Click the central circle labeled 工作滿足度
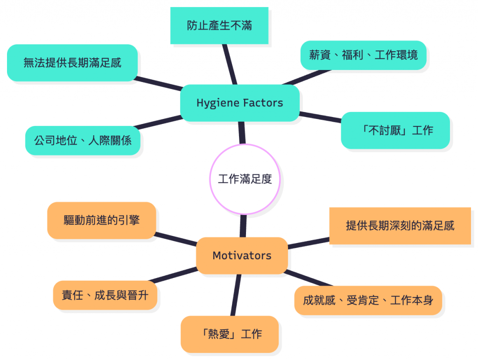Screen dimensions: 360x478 tap(245, 179)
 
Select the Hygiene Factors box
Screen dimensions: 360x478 tap(239, 103)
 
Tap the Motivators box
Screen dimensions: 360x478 tap(242, 255)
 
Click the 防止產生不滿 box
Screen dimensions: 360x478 tap(219, 26)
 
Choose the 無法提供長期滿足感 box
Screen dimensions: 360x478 tap(72, 62)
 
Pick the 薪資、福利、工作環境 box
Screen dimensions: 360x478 tap(363, 55)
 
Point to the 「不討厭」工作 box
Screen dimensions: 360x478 tap(395, 130)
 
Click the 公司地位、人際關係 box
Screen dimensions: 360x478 tap(83, 140)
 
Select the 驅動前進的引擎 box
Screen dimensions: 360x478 tap(101, 220)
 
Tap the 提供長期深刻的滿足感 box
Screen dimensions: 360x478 tap(400, 226)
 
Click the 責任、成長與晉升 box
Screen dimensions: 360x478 tap(105, 295)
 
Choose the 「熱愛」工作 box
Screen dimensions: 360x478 tap(229, 334)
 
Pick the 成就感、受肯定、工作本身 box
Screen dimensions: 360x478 tap(368, 300)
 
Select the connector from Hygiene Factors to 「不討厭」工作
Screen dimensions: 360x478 tap(320, 117)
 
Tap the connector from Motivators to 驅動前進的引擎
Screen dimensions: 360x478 tap(176, 238)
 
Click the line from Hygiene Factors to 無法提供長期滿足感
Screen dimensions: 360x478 tap(159, 83)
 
